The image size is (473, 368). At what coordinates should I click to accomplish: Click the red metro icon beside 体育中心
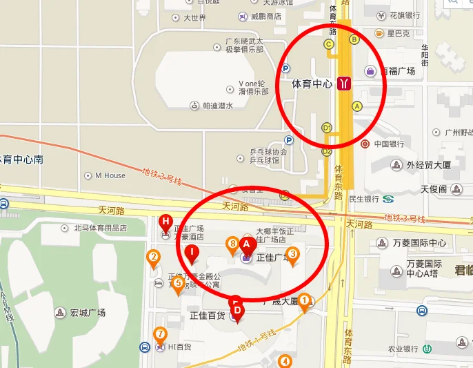tap(344, 84)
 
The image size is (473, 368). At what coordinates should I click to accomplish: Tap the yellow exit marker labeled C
tap(329, 44)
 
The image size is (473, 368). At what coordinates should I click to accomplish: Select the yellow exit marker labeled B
tap(354, 39)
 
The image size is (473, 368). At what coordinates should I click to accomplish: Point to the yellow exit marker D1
tap(327, 128)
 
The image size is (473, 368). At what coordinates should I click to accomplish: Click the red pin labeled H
tap(165, 222)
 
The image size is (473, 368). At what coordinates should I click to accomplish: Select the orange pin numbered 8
tap(233, 244)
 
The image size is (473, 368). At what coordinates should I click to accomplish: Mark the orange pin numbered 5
tap(178, 283)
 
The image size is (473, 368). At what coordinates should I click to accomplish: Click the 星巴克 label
tap(398, 32)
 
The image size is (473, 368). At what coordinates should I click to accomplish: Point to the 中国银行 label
tap(389, 144)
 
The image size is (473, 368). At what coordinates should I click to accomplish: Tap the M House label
tap(110, 175)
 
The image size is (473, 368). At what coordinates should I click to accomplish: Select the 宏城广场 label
tap(87, 313)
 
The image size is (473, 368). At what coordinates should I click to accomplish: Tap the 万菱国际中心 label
tap(419, 243)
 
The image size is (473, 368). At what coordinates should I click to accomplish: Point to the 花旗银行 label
tap(405, 15)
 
